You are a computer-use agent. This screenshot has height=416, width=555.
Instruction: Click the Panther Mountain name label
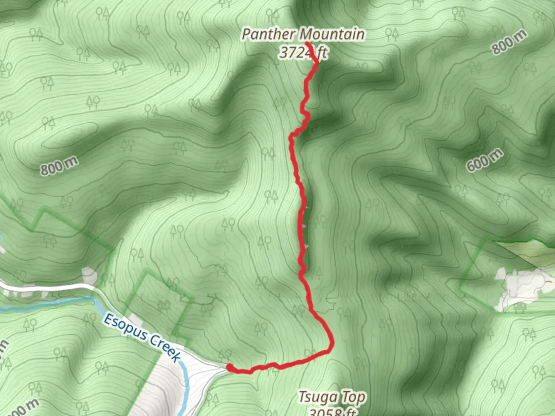pyautogui.click(x=303, y=34)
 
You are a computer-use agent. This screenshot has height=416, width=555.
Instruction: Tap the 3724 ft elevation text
pyautogui.click(x=303, y=52)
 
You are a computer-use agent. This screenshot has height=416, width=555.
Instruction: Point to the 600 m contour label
pyautogui.click(x=484, y=160)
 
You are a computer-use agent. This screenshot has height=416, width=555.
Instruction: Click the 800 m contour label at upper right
pyautogui.click(x=509, y=42)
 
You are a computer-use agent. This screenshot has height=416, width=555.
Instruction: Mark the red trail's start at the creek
pyautogui.click(x=230, y=367)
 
